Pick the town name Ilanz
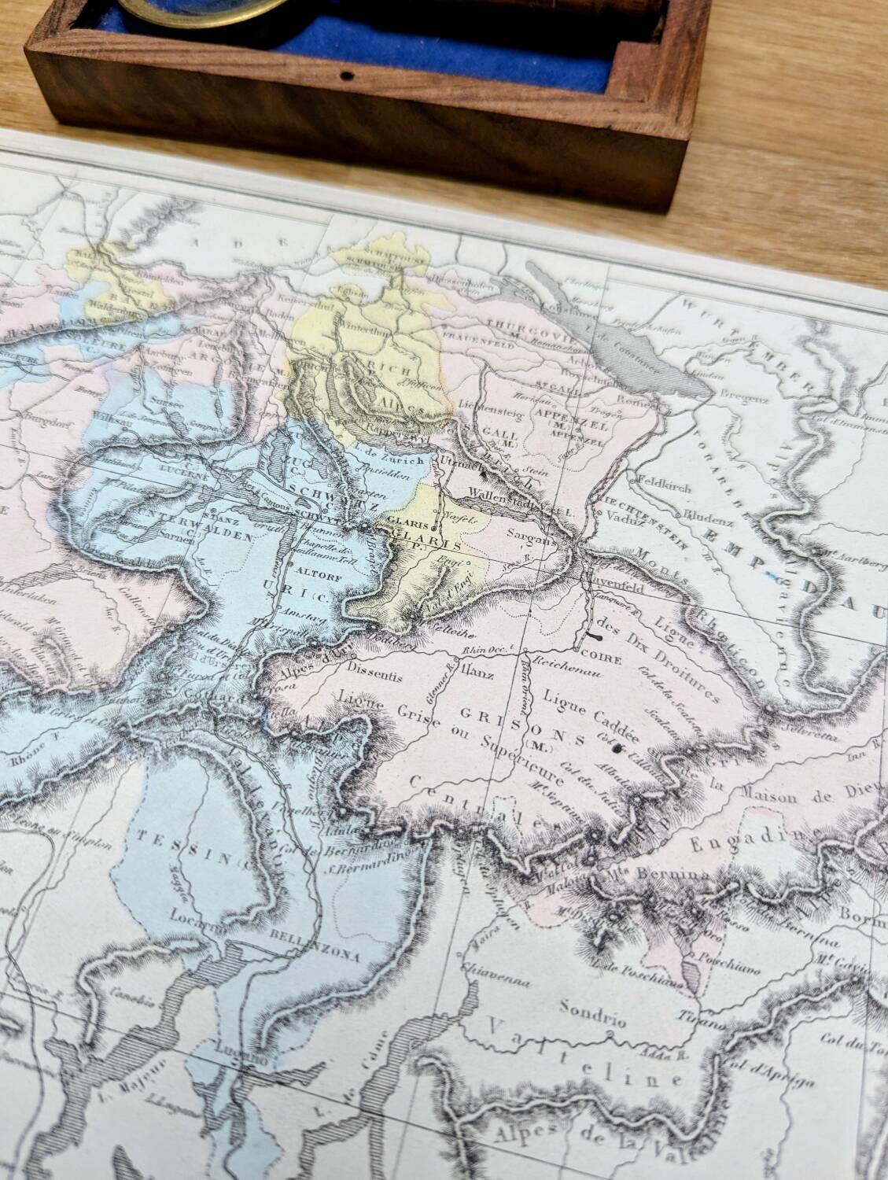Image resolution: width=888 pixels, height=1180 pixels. [474, 669]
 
